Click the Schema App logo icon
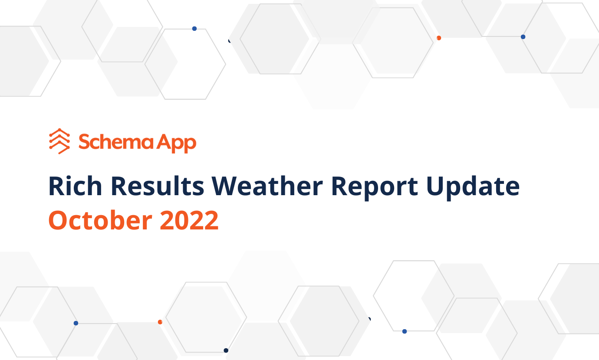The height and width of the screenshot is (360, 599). coord(59,141)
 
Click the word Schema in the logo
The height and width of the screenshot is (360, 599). coord(116,142)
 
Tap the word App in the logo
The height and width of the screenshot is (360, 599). coord(176,143)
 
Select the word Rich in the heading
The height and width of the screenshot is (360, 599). coord(75,186)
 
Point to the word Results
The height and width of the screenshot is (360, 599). coord(158,186)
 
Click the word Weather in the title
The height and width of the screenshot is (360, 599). coord(267,186)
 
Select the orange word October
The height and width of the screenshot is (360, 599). coord(101,220)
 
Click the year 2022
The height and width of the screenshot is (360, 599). coord(189,220)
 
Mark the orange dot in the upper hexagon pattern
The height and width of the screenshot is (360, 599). coord(439,38)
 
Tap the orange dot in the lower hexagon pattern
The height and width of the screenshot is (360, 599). coord(160,322)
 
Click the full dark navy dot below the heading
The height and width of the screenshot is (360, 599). coord(226,350)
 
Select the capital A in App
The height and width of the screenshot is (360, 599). coord(164,141)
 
